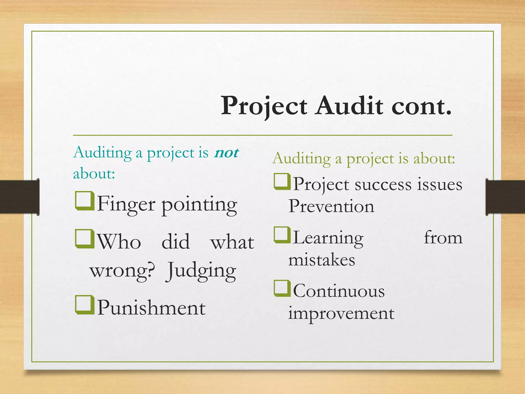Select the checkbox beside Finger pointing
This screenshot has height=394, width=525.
[x=84, y=201]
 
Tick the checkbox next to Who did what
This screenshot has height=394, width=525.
[x=84, y=239]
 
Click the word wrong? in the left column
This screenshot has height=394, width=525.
[x=123, y=271]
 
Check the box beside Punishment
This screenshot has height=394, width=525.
[x=84, y=305]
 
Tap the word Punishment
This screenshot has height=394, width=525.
[x=151, y=308]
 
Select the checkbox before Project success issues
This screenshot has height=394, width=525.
[x=282, y=182]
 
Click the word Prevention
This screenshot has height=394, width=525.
[x=331, y=206]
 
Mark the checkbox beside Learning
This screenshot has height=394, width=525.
[x=282, y=235]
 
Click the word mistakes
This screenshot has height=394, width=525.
[x=322, y=260]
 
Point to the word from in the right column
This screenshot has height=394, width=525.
[x=443, y=238]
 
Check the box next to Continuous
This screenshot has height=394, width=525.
[x=282, y=288]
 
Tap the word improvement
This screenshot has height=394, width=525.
[x=341, y=313]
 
